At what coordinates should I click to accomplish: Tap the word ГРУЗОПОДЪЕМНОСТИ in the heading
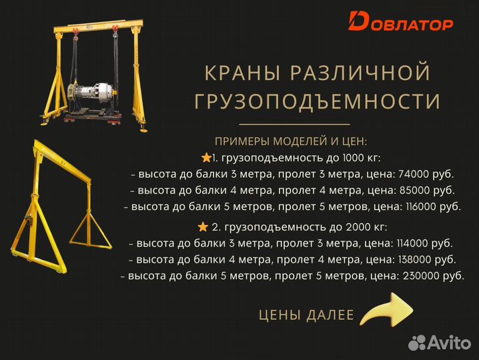[x=317, y=101]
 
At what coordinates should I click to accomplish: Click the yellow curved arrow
[x=386, y=311]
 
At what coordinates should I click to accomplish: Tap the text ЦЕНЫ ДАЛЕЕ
[x=306, y=315]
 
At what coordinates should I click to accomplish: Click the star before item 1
[x=206, y=157]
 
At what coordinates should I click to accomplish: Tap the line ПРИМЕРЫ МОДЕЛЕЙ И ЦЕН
[x=291, y=141]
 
